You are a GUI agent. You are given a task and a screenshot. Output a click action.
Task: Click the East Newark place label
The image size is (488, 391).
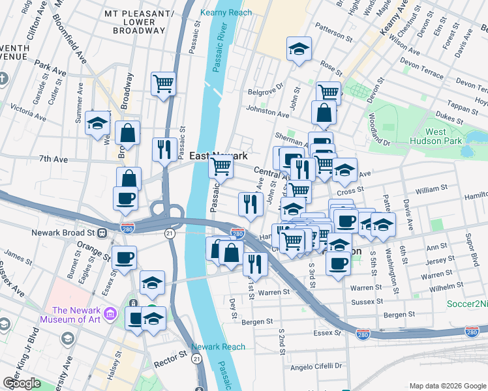click(219, 156)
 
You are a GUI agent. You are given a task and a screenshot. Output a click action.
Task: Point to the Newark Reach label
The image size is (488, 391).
click(219, 347)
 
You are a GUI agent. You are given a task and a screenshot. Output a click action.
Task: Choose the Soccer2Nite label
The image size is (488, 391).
click(466, 304)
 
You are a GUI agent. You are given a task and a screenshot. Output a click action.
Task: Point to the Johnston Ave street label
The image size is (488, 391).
click(267, 114)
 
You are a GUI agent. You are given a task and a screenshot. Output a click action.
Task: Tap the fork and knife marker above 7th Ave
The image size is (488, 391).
click(162, 149)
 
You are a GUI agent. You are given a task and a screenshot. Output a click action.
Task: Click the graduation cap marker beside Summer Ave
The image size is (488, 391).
click(97, 123)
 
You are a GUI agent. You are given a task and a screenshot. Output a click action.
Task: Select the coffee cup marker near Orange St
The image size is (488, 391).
click(124, 257)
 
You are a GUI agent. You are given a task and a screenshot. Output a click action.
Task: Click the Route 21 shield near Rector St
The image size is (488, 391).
click(196, 358)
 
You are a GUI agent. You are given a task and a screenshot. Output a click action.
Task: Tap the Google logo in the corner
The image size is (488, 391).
click(22, 383)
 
